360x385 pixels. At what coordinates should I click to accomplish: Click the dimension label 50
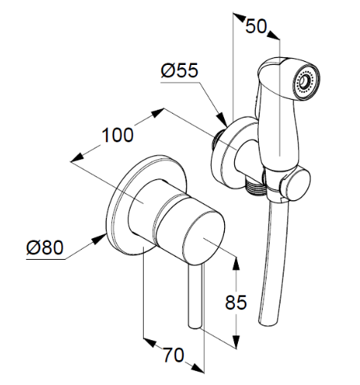pyautogui.click(x=256, y=26)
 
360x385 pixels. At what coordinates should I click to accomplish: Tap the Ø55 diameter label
pyautogui.click(x=180, y=70)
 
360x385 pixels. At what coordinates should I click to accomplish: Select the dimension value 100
pyautogui.click(x=117, y=135)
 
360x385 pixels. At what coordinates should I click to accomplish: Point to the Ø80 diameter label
pyautogui.click(x=45, y=247)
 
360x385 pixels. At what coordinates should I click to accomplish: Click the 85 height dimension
pyautogui.click(x=236, y=302)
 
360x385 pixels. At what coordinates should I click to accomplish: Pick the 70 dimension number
pyautogui.click(x=174, y=355)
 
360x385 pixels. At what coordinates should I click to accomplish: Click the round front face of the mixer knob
pyautogui.click(x=204, y=237)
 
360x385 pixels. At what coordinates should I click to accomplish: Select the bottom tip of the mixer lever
pyautogui.click(x=194, y=327)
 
